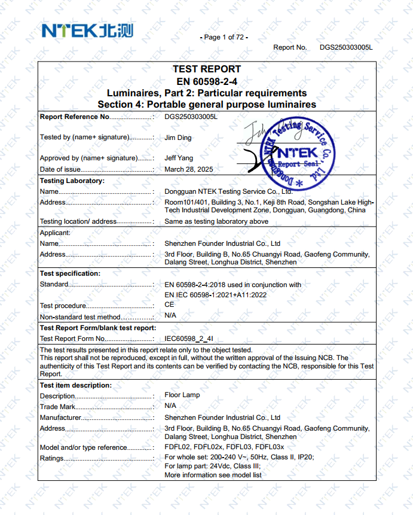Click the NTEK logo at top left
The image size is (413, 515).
(x=87, y=31)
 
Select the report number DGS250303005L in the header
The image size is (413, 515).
(x=346, y=47)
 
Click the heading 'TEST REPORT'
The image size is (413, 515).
(x=207, y=69)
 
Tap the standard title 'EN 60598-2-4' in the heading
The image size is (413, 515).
(x=207, y=81)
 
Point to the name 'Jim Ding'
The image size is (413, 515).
(x=179, y=137)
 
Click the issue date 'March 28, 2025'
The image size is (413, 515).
(x=189, y=169)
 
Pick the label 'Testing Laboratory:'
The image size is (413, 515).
(x=72, y=181)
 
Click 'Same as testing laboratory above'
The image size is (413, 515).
(x=216, y=221)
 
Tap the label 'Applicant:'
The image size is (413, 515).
(x=55, y=233)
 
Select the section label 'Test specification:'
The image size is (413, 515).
(x=70, y=273)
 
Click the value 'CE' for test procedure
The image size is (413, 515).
(x=169, y=304)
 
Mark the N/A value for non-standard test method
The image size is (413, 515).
(x=170, y=315)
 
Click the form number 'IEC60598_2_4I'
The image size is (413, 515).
(x=189, y=339)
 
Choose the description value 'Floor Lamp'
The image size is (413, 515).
(x=182, y=395)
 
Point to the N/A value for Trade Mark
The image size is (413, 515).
(x=170, y=407)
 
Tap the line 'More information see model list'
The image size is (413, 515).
(x=213, y=475)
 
